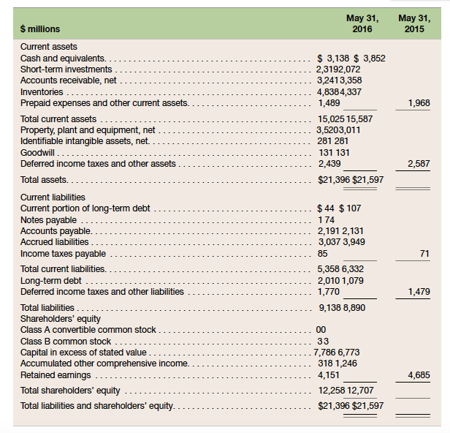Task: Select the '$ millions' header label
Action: point(40,29)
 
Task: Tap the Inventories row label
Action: point(42,92)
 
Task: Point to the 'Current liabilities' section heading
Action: point(53,197)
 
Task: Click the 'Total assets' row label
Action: point(45,178)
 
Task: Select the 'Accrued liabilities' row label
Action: point(55,242)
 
